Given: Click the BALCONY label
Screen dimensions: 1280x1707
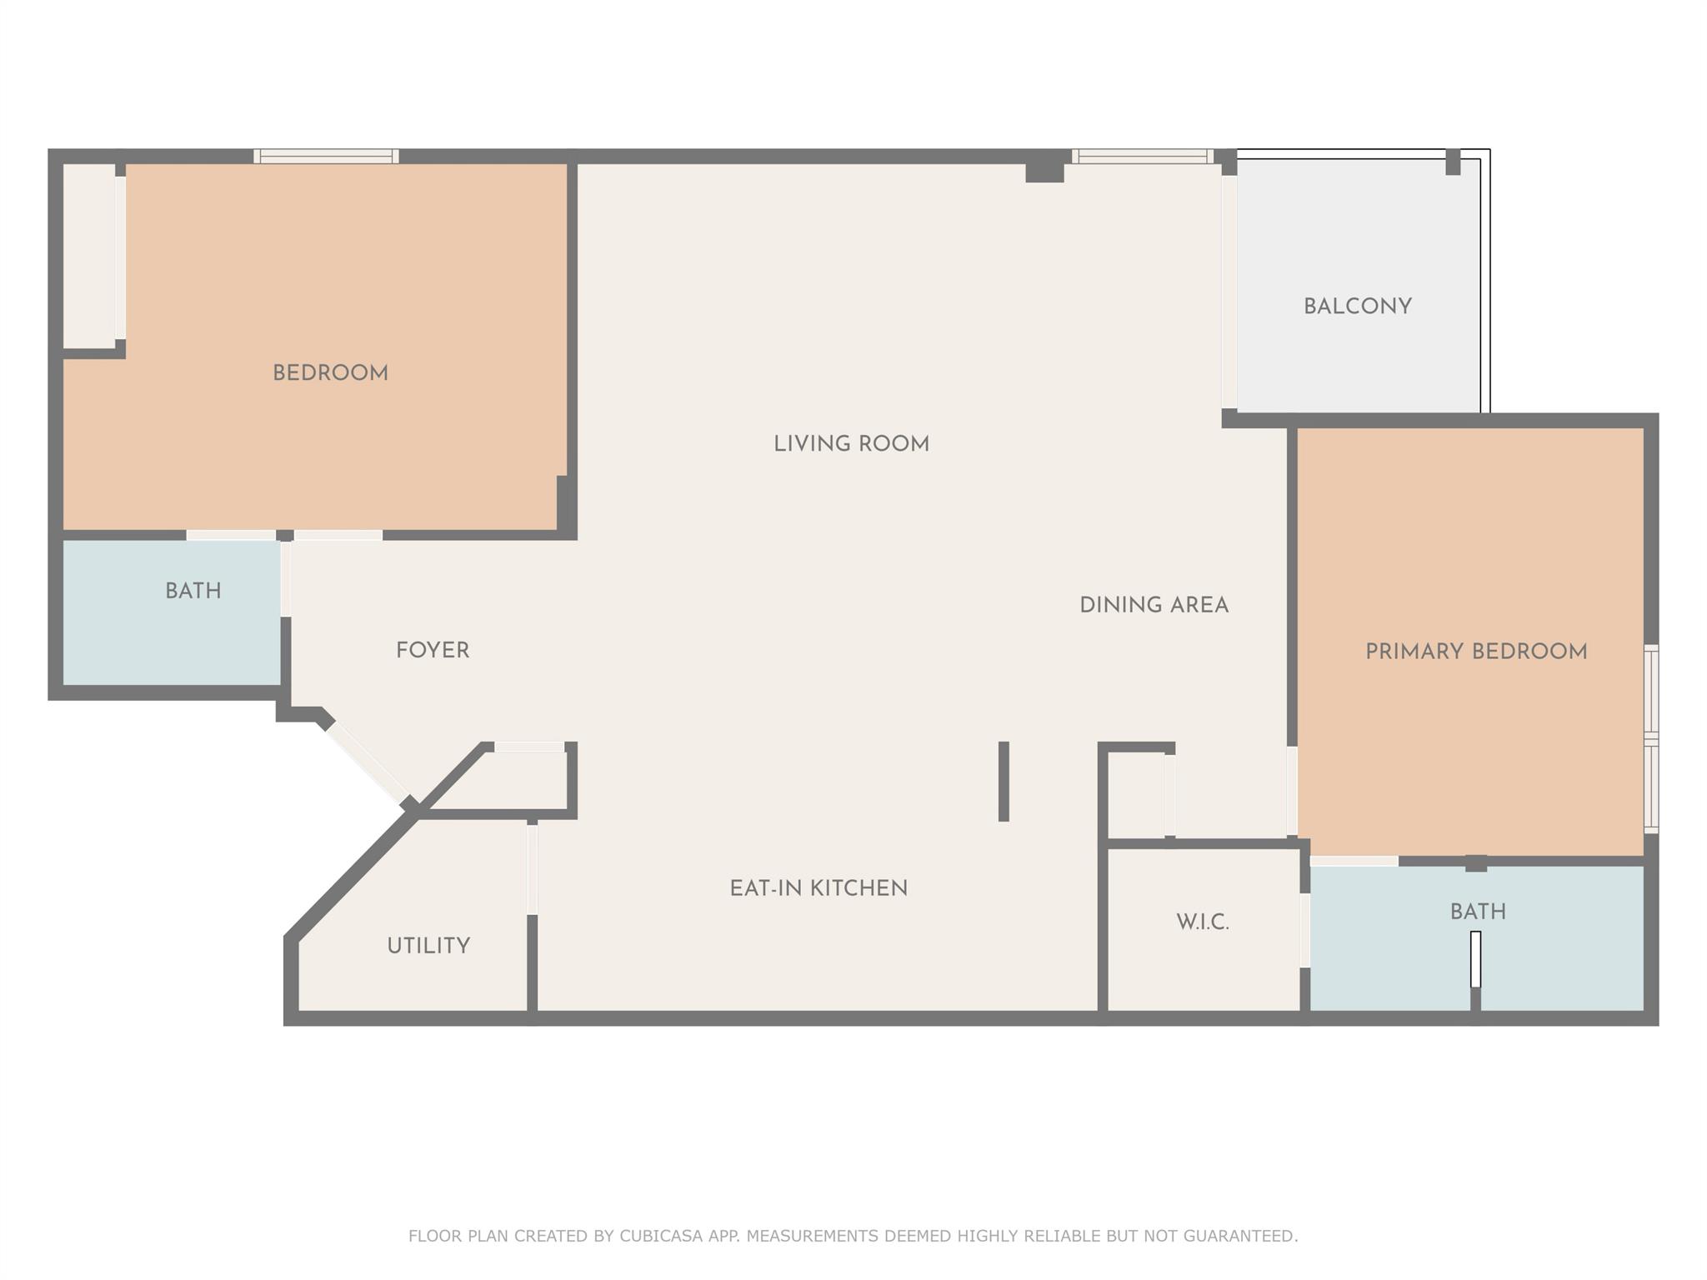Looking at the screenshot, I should pyautogui.click(x=1357, y=307).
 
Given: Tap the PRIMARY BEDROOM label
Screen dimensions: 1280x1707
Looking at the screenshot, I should pyautogui.click(x=1475, y=652).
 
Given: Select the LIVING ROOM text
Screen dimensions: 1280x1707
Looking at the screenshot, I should pyautogui.click(x=851, y=444).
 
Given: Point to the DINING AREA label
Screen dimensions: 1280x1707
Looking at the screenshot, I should pyautogui.click(x=1154, y=605).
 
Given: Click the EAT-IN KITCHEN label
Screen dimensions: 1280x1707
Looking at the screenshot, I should pyautogui.click(x=818, y=888).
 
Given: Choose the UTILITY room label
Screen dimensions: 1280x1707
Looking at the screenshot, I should pyautogui.click(x=428, y=946).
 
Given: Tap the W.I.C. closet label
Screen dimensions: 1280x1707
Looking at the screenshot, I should pyautogui.click(x=1203, y=922).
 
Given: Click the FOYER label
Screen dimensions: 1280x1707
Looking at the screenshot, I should pyautogui.click(x=433, y=650).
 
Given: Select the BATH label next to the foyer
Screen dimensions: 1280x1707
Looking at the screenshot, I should pyautogui.click(x=193, y=592).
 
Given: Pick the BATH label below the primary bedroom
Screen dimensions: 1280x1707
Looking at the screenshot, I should pyautogui.click(x=1478, y=912).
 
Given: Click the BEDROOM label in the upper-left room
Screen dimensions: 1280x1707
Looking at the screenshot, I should pyautogui.click(x=330, y=373).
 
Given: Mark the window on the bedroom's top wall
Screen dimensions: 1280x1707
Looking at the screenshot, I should pyautogui.click(x=326, y=156).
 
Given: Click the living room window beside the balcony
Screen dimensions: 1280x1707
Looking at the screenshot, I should pyautogui.click(x=1141, y=156).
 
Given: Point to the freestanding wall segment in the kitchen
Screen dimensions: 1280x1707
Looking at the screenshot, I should pyautogui.click(x=1004, y=781).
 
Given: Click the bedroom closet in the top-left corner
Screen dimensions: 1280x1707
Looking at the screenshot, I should pyautogui.click(x=89, y=256).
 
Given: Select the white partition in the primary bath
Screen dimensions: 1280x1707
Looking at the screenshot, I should pyautogui.click(x=1475, y=959).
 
